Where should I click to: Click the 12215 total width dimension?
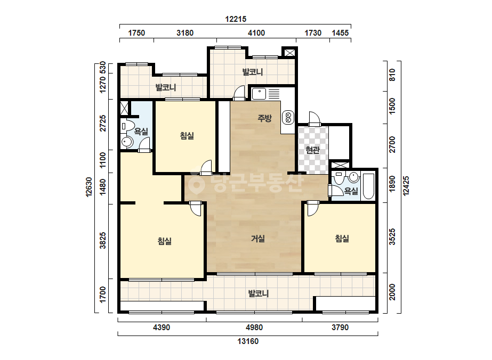coord(236,19)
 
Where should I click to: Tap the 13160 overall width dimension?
coord(248,341)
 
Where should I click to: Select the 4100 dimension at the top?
coord(256,33)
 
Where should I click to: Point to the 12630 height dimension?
coord(89,187)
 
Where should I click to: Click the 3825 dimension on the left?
coord(102,241)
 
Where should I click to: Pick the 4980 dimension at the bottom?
coord(254,328)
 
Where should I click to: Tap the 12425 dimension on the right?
coord(406,186)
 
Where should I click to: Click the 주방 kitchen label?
coord(264,118)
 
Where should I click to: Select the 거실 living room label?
coord(258,239)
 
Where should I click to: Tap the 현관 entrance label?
coord(312,150)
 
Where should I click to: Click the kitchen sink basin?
coord(259,93)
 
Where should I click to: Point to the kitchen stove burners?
coord(288,117)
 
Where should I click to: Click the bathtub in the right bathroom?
coord(368,186)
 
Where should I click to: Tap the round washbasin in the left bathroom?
coord(127,142)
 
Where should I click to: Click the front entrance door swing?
coord(314,118)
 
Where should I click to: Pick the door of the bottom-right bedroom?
coord(312,209)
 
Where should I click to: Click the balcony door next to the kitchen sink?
coord(239,93)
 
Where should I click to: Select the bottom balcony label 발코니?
coord(258,293)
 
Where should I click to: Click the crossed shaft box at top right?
coord(289,53)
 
